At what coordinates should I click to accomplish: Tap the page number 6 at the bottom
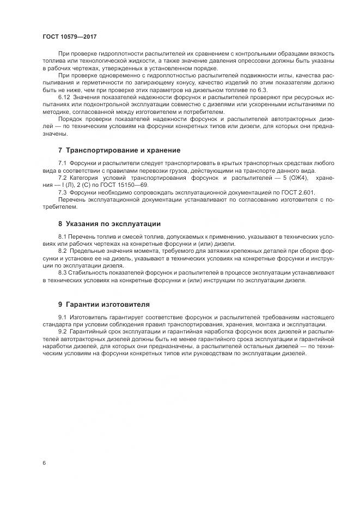click(x=44, y=463)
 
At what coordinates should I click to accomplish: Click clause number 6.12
click(x=64, y=96)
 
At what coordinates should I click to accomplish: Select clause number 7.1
click(x=62, y=163)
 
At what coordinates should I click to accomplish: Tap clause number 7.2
click(x=62, y=178)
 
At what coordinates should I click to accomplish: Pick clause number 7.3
click(x=62, y=192)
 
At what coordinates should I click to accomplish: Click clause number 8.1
click(x=62, y=237)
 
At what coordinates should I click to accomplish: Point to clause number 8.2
click(x=62, y=251)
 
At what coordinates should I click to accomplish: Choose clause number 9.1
click(x=62, y=317)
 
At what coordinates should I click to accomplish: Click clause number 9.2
click(x=62, y=331)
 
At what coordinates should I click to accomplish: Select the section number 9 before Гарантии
click(x=60, y=305)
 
